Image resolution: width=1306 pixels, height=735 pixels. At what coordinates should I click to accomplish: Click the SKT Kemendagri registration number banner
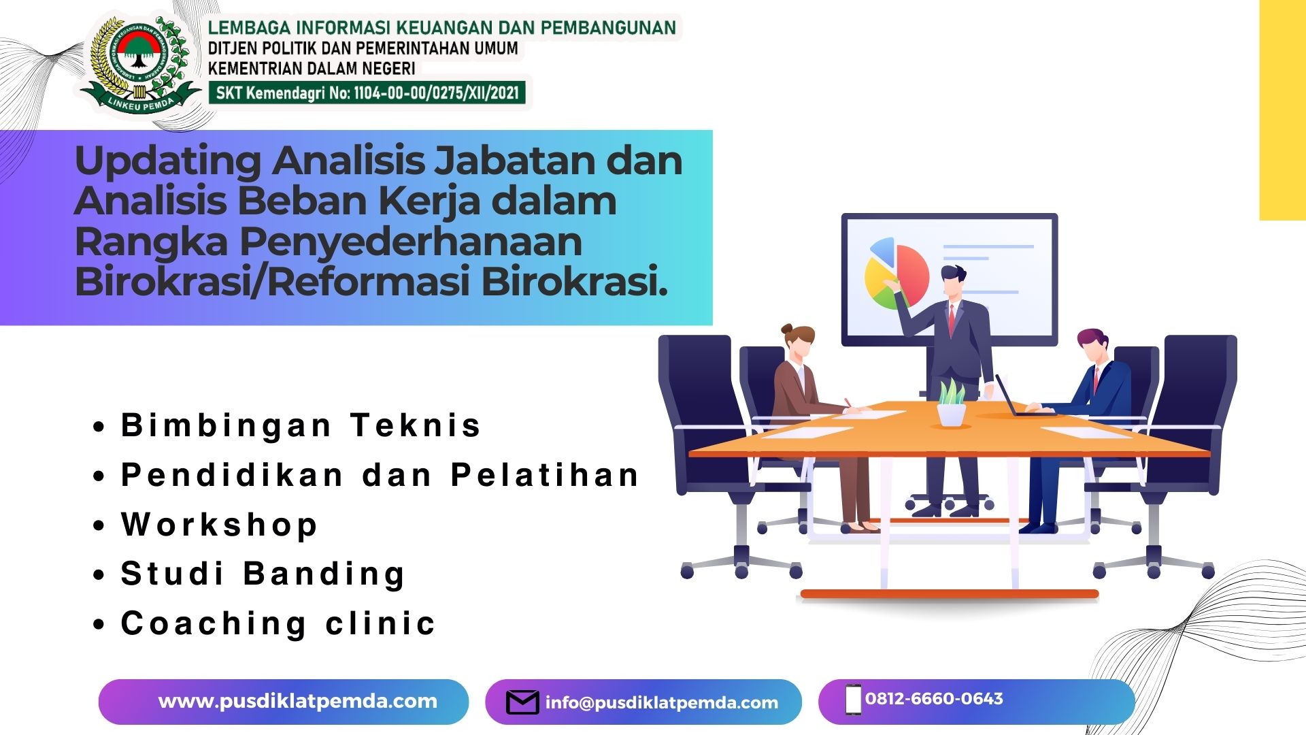(x=367, y=93)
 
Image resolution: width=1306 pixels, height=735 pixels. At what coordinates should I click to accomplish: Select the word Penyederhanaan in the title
(x=411, y=243)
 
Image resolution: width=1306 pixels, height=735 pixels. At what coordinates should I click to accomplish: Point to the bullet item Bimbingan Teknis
(x=301, y=425)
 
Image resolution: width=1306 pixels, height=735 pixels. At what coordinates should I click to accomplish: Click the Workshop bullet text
(x=219, y=525)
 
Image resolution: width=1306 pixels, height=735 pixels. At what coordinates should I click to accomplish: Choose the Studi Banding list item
(x=263, y=574)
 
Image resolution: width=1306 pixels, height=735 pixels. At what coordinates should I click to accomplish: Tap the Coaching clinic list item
(x=278, y=623)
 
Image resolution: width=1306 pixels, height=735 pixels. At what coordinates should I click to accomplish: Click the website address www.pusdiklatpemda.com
(x=297, y=702)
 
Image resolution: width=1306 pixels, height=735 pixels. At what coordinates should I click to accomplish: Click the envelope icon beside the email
(x=522, y=702)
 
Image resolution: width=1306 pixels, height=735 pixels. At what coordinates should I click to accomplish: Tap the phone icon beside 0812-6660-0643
(x=853, y=700)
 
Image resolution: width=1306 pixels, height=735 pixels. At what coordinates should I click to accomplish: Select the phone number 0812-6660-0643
(x=934, y=699)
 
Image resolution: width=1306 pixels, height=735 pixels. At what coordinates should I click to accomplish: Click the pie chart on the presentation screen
(x=897, y=273)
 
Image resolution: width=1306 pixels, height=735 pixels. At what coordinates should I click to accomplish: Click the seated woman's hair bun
(x=788, y=329)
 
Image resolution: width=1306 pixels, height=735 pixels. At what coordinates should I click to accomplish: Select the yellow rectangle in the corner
(x=1283, y=110)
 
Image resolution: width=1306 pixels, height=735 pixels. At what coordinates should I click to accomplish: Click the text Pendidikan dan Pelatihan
(x=380, y=475)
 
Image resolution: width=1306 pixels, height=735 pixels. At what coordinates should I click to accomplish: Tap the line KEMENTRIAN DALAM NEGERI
(x=312, y=69)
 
